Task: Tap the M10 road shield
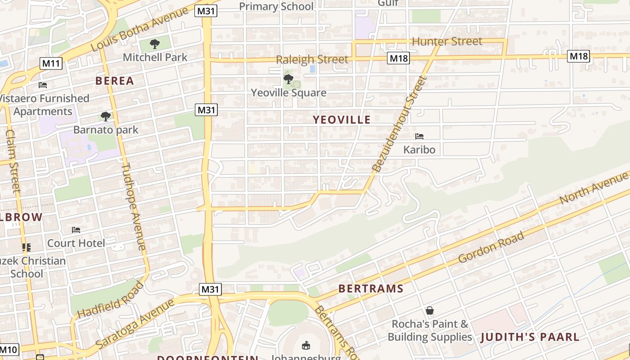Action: coord(9,349)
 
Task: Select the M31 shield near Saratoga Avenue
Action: coord(210,289)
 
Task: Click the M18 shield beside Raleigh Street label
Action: coord(398,58)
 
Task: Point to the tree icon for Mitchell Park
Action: coord(155,44)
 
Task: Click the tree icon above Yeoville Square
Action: coord(288,79)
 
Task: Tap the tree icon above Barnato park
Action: coord(106,117)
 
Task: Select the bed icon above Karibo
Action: coord(419,136)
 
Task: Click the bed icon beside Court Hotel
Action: coord(76,230)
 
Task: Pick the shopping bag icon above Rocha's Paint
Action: coord(430,310)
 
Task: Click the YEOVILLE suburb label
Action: coord(342,120)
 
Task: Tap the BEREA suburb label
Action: coord(114,81)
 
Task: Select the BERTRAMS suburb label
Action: coord(371,288)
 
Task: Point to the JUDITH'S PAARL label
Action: coord(530,337)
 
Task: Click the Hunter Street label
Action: coord(447,42)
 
